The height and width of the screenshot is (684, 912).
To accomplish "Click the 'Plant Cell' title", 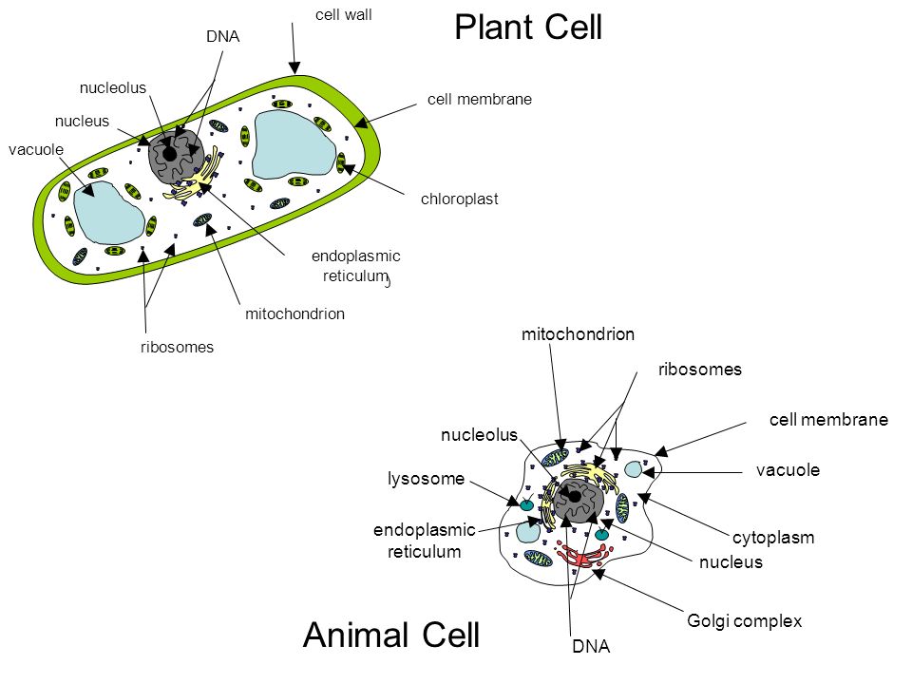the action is [x=528, y=28].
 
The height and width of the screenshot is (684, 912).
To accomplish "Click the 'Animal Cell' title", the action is [x=391, y=635].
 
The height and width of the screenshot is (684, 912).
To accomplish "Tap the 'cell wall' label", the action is [x=343, y=14].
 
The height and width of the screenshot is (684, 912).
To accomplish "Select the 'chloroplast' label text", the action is [x=460, y=199].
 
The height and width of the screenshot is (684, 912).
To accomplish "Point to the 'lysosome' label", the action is [x=427, y=479].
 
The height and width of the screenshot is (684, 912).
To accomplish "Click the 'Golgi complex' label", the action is [x=745, y=621].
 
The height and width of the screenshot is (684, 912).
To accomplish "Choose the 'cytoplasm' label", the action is [x=773, y=538].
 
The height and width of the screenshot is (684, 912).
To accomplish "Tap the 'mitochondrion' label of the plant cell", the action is [x=294, y=314].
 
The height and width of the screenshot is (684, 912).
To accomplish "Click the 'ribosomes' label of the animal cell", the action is [x=700, y=370].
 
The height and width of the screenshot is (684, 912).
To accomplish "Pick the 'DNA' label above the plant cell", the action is [x=222, y=37].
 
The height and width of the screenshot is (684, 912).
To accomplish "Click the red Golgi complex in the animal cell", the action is [x=582, y=555].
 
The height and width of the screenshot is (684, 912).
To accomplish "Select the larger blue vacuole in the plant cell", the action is [x=294, y=144].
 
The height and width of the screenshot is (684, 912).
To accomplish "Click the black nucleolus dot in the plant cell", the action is [x=169, y=154].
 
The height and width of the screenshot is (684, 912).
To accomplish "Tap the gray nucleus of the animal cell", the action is [x=579, y=502].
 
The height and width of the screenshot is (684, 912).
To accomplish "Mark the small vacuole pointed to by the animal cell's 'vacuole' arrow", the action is [x=633, y=468].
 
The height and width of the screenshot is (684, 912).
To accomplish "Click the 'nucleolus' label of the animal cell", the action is [x=479, y=435].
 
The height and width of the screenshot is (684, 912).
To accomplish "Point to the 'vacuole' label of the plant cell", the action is [x=36, y=149].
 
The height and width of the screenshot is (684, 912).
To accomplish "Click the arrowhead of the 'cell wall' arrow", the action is [x=294, y=67].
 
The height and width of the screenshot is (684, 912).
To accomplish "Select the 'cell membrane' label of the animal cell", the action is [x=828, y=420].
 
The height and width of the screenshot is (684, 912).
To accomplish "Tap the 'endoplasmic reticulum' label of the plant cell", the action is [x=356, y=266].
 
